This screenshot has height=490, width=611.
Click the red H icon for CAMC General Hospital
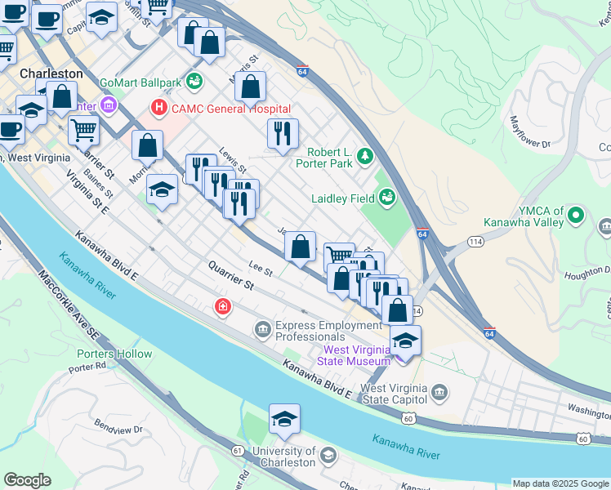[x=158, y=108]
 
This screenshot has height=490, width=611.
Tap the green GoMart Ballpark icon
[x=194, y=81]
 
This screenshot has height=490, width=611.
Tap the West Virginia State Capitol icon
[x=439, y=394]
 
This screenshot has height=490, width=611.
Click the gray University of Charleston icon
[x=328, y=456]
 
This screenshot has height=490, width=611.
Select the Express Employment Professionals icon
[x=263, y=330]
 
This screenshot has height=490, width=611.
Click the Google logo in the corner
[x=27, y=480]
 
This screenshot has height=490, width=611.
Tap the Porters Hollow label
[x=114, y=354]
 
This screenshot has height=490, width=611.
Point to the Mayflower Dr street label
[x=531, y=134]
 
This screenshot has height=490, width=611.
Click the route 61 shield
[x=238, y=450]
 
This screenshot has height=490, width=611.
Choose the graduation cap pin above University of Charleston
[x=284, y=419]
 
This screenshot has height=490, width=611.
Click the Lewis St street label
[x=232, y=160]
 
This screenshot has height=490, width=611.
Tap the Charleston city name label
[x=51, y=73]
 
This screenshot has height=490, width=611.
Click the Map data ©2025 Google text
[x=560, y=483]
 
